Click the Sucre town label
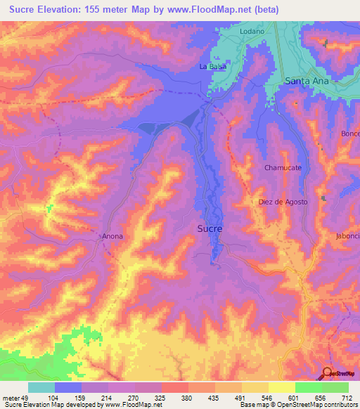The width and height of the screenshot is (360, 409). (210, 229)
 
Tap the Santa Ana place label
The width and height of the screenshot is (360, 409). (307, 81)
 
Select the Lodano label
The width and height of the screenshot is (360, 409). (252, 32)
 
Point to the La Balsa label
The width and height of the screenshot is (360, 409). (212, 67)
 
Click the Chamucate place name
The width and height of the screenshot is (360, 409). (283, 168)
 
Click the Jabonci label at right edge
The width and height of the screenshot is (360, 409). (347, 236)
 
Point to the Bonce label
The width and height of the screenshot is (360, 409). (349, 134)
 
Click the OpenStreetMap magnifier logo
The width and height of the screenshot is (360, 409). (328, 373)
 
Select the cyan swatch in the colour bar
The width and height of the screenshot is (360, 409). (41, 387)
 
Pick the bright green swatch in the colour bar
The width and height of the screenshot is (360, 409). (335, 387)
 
